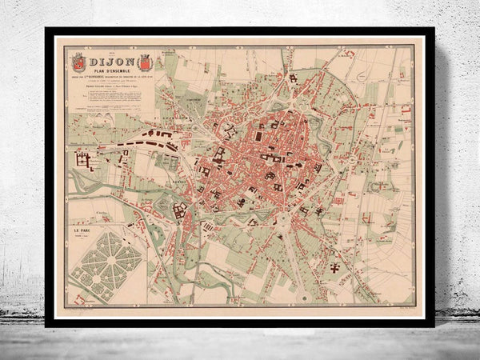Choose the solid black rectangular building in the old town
[x=258, y=136]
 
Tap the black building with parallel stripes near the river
[x=210, y=226]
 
